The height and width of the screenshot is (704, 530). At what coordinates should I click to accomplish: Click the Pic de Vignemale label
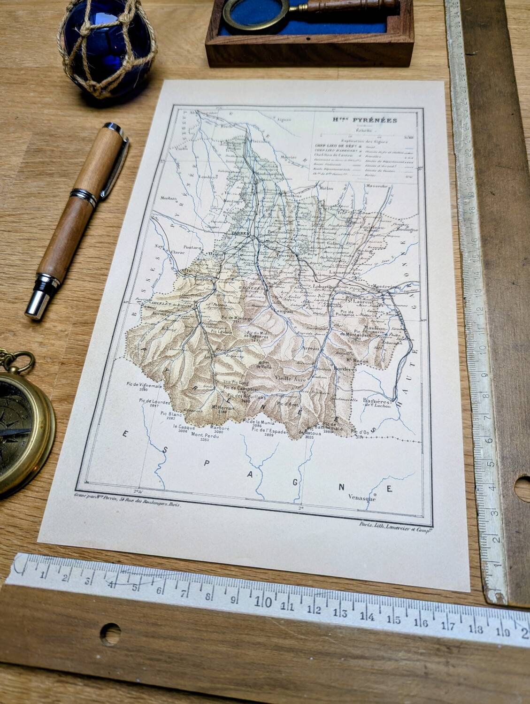145,384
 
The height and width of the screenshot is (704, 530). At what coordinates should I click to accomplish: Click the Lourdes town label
203,280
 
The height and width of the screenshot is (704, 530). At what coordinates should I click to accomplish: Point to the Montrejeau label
385,286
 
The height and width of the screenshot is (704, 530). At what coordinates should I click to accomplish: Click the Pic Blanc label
170,414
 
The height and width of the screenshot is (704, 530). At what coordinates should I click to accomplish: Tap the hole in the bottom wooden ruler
110,634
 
